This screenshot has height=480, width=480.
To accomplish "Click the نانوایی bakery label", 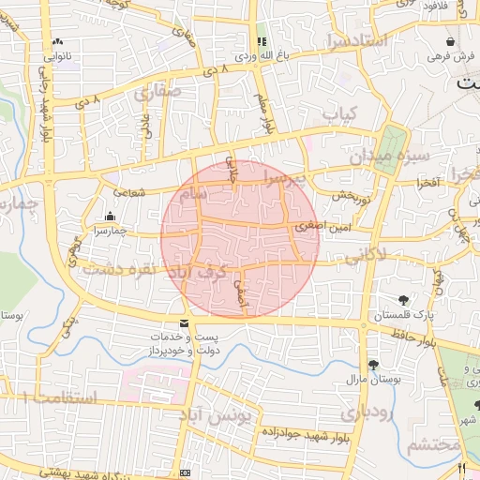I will pyautogui.click(x=58, y=55).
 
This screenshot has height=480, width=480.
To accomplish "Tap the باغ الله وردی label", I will pyautogui.click(x=259, y=56).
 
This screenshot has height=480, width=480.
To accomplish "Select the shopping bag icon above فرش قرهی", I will pyautogui.click(x=451, y=42).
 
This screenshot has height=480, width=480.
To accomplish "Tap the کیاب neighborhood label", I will pyautogui.click(x=342, y=112).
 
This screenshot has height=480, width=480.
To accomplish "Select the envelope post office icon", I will pyautogui.click(x=183, y=323).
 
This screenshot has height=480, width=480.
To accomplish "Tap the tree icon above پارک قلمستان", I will pyautogui.click(x=403, y=301).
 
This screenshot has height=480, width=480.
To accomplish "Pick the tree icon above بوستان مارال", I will pyautogui.click(x=374, y=365).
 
